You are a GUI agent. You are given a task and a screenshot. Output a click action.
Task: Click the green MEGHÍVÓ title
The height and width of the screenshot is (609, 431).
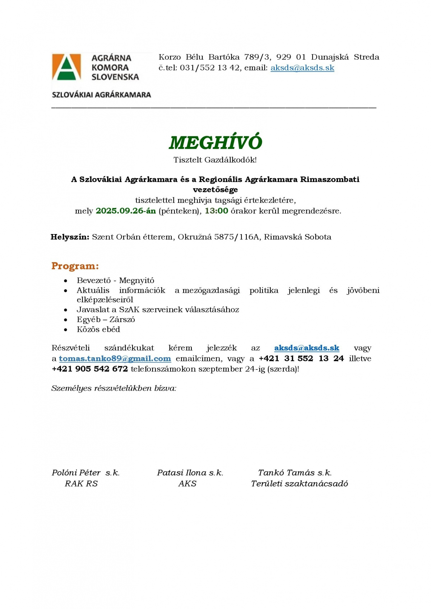click(x=215, y=143)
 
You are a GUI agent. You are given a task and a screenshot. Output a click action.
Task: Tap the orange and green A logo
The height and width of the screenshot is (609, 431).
click(x=66, y=67)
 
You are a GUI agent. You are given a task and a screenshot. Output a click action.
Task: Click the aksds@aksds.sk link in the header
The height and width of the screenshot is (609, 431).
click(x=302, y=68)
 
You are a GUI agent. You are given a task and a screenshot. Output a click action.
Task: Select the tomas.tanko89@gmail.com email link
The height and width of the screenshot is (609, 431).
click(x=115, y=359)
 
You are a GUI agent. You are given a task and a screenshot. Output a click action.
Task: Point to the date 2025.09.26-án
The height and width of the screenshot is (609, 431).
click(x=126, y=211)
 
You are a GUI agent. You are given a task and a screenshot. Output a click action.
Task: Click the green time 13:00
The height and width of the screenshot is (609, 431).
click(x=216, y=211)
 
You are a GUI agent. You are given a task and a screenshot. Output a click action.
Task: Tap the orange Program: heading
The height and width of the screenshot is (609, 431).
click(x=75, y=266)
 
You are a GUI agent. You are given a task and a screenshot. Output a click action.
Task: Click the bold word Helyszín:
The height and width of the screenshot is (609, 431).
click(x=70, y=237)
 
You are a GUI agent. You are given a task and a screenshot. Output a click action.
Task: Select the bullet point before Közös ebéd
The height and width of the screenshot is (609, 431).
click(x=65, y=330)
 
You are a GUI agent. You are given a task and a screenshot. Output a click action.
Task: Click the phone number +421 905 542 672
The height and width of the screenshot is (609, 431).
click(x=90, y=369)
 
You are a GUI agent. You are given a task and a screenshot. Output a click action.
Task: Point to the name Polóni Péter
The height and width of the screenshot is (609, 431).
click(x=76, y=473)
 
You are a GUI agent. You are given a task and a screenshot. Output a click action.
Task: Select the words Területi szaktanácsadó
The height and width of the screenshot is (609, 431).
click(x=299, y=484)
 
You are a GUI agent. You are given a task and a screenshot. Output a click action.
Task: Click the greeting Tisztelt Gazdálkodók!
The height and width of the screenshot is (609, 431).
click(x=215, y=160)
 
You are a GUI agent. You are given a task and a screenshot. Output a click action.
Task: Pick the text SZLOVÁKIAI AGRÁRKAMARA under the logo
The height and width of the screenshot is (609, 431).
click(x=101, y=95)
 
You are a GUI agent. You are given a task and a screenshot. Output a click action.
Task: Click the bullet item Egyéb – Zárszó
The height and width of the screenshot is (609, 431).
click(x=106, y=320)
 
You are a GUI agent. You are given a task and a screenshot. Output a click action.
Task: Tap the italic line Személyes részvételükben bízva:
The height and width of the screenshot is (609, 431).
click(x=114, y=388)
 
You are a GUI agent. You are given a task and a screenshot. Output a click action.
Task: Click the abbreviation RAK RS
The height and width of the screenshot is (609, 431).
click(x=81, y=484)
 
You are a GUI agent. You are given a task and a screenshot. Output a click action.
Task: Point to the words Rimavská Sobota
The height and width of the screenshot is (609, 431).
click(x=297, y=237)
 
